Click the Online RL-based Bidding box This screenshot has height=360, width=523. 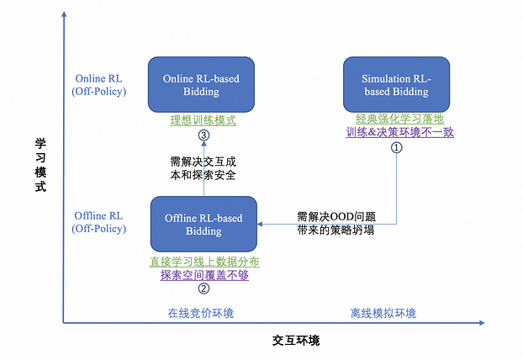tap(202, 85)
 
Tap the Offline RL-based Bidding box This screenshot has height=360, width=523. tap(203, 225)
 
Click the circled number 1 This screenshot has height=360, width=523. tap(397, 146)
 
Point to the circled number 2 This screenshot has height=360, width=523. tap(203, 289)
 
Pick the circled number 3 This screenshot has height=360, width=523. tap(202, 135)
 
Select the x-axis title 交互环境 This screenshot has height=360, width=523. tap(296, 341)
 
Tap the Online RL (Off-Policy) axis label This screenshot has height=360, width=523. tap(99, 85)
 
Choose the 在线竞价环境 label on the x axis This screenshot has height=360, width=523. tap(201, 314)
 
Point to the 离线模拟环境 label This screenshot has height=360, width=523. tap(383, 314)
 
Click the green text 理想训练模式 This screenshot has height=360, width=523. tap(202, 120)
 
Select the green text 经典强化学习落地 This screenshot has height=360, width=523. tap(397, 119)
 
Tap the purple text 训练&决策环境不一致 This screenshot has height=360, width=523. tap(397, 133)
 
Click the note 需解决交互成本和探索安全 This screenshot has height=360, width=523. tap(202, 168)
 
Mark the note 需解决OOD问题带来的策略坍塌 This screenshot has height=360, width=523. tap(335, 223)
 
